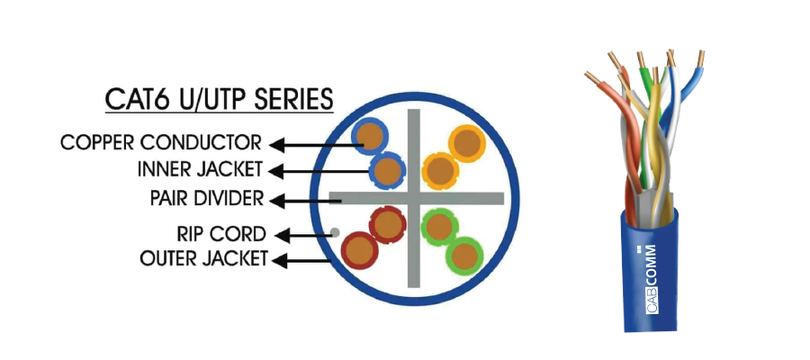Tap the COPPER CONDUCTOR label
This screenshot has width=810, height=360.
161,142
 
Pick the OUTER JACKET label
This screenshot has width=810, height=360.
203,259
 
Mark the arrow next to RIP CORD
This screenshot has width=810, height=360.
302,235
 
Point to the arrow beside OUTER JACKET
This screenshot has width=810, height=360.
302,260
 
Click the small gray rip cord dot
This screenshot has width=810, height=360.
336,233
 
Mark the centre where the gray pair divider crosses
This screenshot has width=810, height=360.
415,197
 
